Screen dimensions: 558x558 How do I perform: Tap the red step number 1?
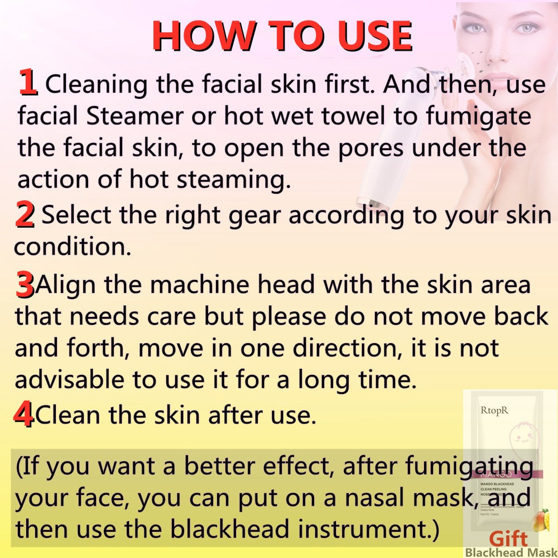pyautogui.click(x=28, y=82)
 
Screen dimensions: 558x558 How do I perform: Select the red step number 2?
pyautogui.click(x=25, y=216)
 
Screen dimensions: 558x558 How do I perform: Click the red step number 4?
pyautogui.click(x=23, y=416)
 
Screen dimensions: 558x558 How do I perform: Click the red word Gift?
pyautogui.click(x=508, y=540)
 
